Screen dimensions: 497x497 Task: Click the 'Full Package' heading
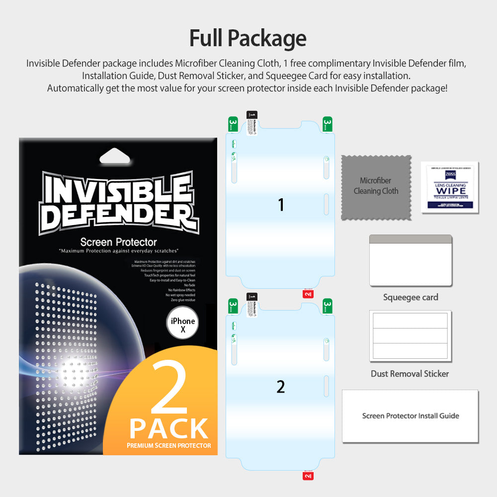[x=248, y=38]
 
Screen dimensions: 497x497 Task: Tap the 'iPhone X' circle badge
[x=182, y=325]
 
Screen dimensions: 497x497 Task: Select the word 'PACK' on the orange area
[x=169, y=428]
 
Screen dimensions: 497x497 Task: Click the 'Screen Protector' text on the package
[x=118, y=242]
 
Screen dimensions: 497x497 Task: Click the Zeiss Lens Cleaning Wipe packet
[x=450, y=187]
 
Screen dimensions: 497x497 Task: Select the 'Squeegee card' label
[x=411, y=297]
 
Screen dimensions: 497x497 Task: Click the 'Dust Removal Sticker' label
[x=410, y=374]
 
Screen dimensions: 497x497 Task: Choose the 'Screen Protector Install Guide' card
[x=410, y=416]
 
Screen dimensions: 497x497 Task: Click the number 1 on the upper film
[x=281, y=204]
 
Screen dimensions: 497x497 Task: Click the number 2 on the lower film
[x=281, y=387]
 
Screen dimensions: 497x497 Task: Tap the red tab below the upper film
[x=308, y=293]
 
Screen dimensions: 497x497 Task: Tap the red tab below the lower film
[x=308, y=476]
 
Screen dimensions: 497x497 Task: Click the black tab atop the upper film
[x=252, y=115]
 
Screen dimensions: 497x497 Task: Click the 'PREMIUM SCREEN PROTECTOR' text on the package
[x=169, y=445]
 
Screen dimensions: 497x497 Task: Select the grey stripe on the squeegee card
[x=411, y=239]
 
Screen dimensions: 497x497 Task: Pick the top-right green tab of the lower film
[x=328, y=306]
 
